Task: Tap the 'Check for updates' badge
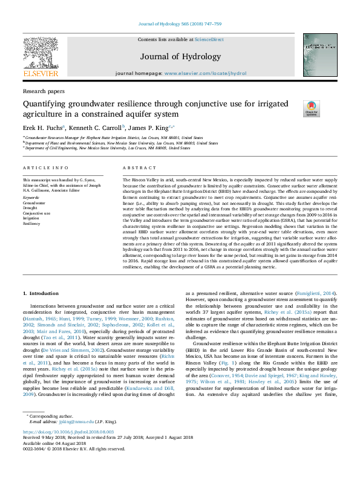click(295, 109)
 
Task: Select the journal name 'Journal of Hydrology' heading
click(180, 57)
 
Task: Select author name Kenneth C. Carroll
click(96, 128)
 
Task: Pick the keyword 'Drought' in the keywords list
click(30, 209)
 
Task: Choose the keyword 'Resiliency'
click(32, 223)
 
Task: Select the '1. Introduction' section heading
click(42, 292)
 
